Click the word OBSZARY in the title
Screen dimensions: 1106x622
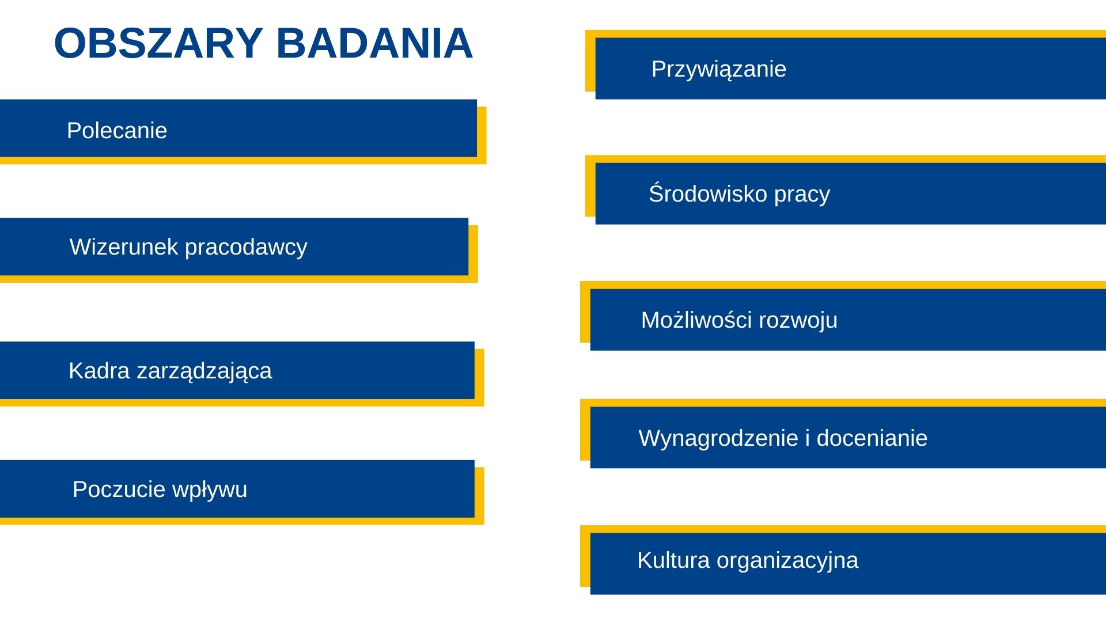[x=158, y=43]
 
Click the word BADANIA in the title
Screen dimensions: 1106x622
[x=375, y=43]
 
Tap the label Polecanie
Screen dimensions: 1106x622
[x=117, y=131]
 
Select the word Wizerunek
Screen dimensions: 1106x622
[x=124, y=246]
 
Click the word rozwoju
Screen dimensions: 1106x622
[x=798, y=321]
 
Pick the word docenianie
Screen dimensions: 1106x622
[x=872, y=438]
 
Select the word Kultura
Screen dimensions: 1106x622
[x=673, y=560]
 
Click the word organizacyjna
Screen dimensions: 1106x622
[x=787, y=561]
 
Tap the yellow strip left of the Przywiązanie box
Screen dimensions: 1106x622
[x=590, y=61]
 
